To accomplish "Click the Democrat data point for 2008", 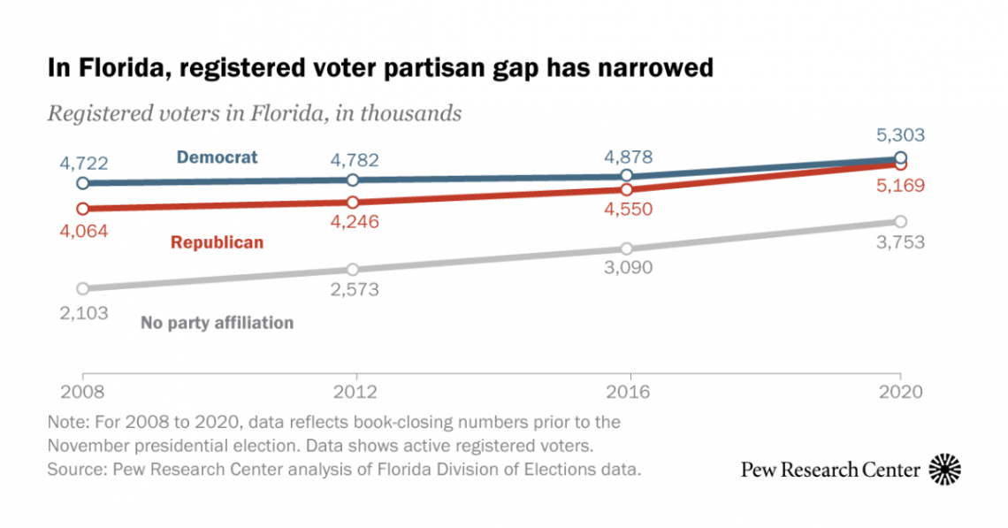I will tap(83, 183).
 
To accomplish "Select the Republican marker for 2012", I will tap(353, 203).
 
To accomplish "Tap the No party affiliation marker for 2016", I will tap(627, 249).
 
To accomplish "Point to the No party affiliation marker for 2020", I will tap(900, 220).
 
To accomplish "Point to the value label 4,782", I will tap(353, 160).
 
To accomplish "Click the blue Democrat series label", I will tap(217, 157).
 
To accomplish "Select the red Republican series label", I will tap(217, 242).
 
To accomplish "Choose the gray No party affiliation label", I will tap(217, 323).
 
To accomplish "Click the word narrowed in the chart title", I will tap(649, 68).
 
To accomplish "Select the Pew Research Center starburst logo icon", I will tap(945, 469).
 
